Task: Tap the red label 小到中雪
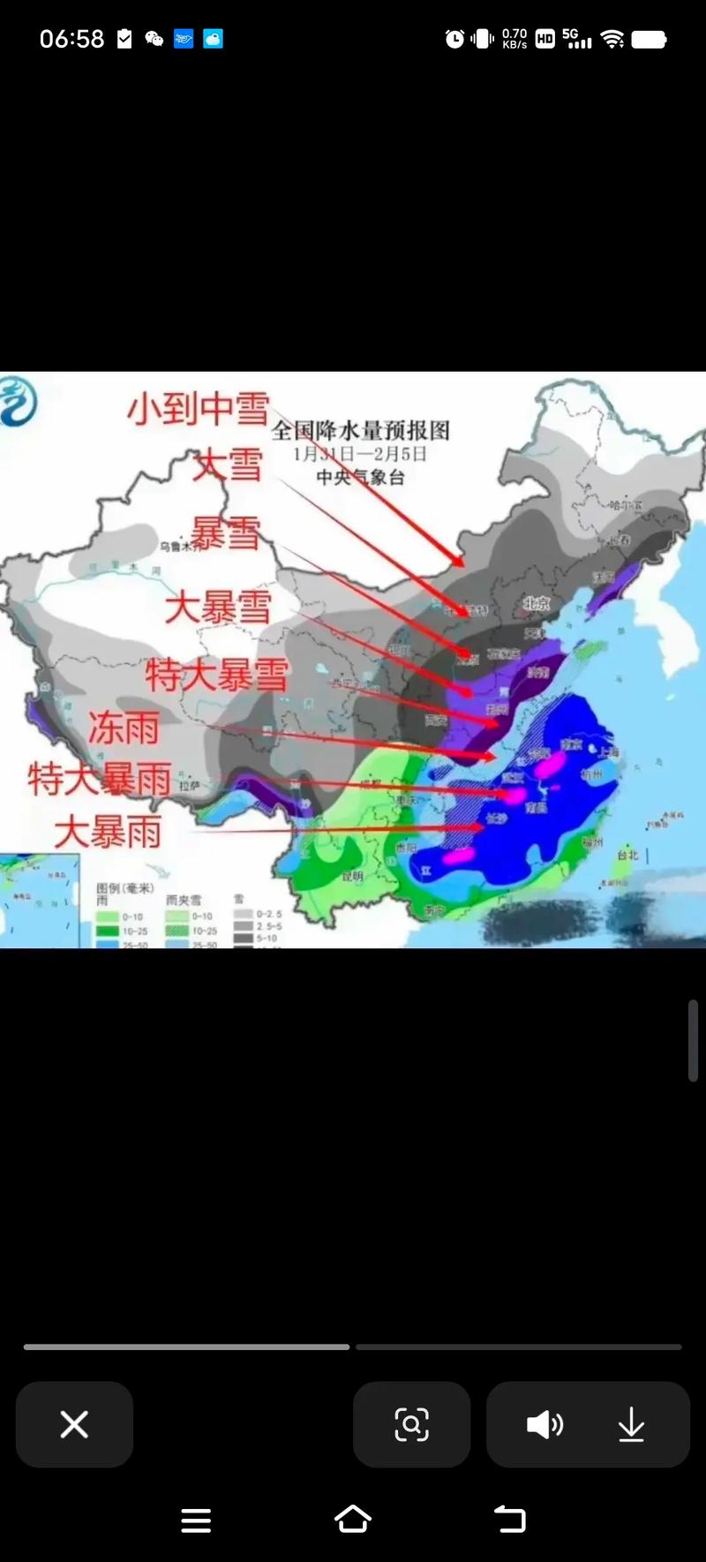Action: pyautogui.click(x=199, y=409)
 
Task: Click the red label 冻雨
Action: pyautogui.click(x=124, y=728)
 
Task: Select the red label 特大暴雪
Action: pyautogui.click(x=217, y=675)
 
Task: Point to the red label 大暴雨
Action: pyautogui.click(x=109, y=832)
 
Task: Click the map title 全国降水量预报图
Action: pyautogui.click(x=360, y=430)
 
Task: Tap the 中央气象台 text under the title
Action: pyautogui.click(x=360, y=477)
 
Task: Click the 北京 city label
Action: pyautogui.click(x=536, y=603)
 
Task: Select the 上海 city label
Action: pyautogui.click(x=608, y=751)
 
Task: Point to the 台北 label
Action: pyautogui.click(x=627, y=855)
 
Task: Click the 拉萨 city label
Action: pyautogui.click(x=190, y=785)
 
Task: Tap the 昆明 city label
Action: pyautogui.click(x=351, y=876)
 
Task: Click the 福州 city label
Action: pyautogui.click(x=592, y=842)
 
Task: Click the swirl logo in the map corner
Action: pyautogui.click(x=18, y=401)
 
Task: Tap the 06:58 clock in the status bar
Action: pyautogui.click(x=71, y=39)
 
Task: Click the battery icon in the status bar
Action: pyautogui.click(x=649, y=39)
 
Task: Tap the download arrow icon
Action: pyautogui.click(x=631, y=1424)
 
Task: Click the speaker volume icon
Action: pyautogui.click(x=545, y=1424)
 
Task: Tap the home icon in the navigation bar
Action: pyautogui.click(x=353, y=1520)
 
